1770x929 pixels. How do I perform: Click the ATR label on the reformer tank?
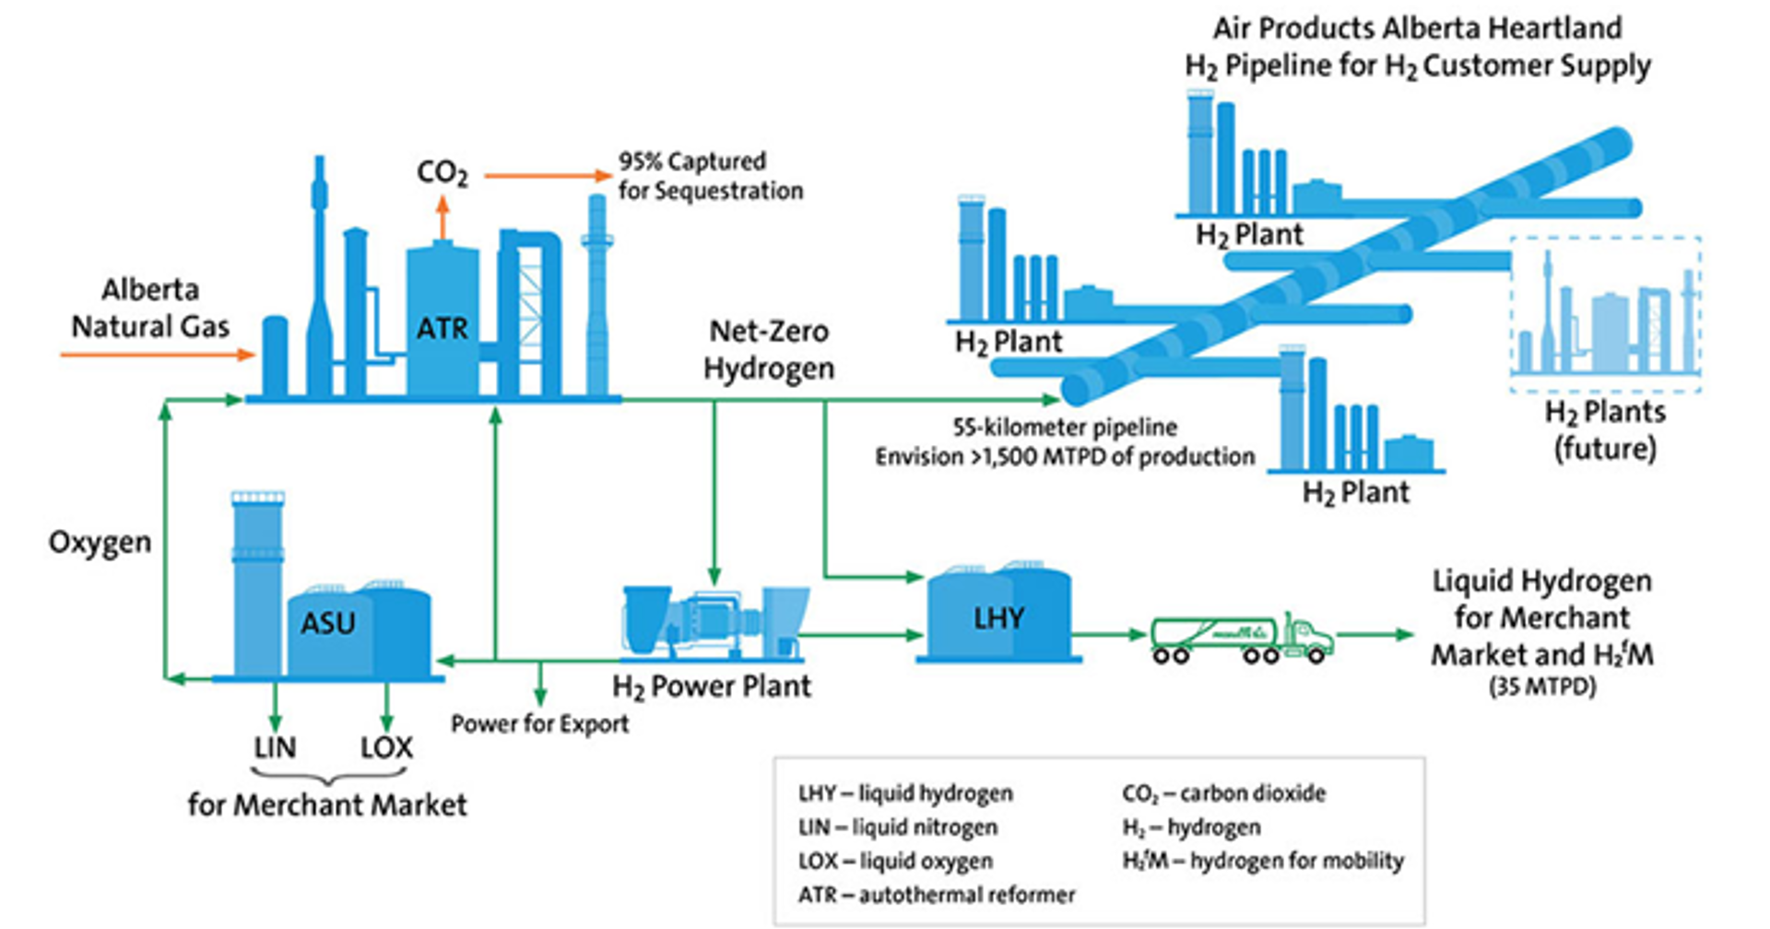click(x=442, y=328)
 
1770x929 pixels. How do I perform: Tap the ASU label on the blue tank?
click(x=327, y=624)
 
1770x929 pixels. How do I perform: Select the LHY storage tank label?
click(x=998, y=617)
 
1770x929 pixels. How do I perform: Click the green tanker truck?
click(x=1241, y=638)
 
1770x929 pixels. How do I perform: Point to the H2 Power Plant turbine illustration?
click(x=713, y=623)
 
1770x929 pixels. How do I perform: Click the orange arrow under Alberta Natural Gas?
click(x=157, y=354)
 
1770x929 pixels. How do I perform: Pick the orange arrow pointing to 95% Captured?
click(x=548, y=175)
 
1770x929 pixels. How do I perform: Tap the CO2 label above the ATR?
click(x=442, y=172)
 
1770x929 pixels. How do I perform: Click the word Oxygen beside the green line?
click(x=100, y=542)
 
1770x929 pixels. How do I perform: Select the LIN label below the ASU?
click(x=275, y=747)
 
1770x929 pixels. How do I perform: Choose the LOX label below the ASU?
click(x=386, y=747)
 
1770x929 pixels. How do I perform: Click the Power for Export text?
click(x=539, y=723)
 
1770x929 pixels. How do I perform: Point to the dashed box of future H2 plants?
click(x=1605, y=314)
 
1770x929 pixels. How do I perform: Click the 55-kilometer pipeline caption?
click(x=1065, y=428)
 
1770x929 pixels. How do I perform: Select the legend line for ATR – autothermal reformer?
click(x=937, y=894)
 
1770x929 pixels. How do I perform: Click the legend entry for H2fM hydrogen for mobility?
click(x=1263, y=861)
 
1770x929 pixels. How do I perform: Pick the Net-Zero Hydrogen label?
click(x=769, y=349)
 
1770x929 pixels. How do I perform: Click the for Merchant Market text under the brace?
click(x=327, y=805)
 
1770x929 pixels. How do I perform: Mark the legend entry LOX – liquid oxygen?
click(x=895, y=861)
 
